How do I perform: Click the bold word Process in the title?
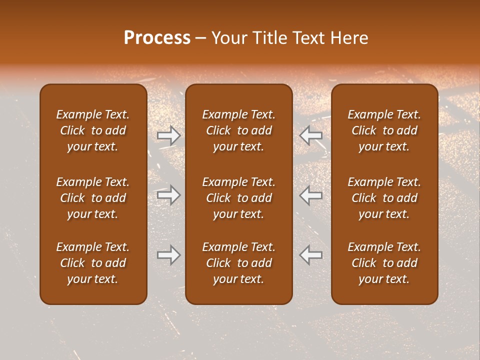(x=157, y=38)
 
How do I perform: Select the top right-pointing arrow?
(x=168, y=135)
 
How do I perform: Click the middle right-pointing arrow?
(x=168, y=195)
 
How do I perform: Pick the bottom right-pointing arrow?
(x=168, y=254)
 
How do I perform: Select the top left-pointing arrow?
(x=311, y=135)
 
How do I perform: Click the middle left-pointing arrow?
(x=311, y=195)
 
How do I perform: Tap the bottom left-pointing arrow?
(x=311, y=254)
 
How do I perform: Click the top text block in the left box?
(x=93, y=130)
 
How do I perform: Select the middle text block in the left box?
(x=93, y=198)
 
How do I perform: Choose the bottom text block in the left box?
(x=93, y=263)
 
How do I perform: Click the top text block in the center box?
(x=238, y=130)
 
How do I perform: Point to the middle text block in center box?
(x=238, y=198)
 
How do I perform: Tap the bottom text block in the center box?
(x=238, y=263)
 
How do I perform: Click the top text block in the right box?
(x=384, y=130)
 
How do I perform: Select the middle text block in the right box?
(x=384, y=198)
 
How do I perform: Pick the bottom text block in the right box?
(x=384, y=263)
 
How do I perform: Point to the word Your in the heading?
(x=228, y=38)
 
